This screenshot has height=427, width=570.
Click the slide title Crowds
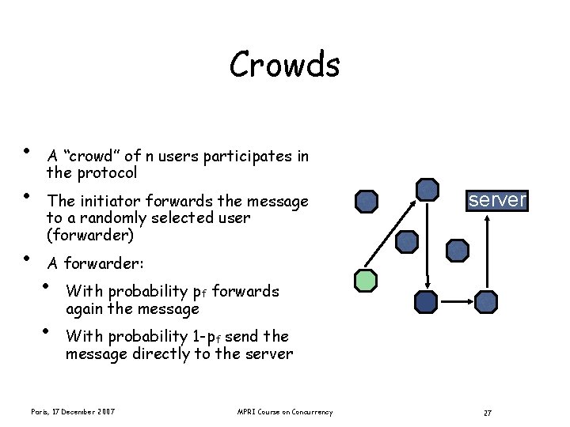[284, 65]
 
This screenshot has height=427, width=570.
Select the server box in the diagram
[496, 200]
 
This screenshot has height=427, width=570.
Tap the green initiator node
[365, 280]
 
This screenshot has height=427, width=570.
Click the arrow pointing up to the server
[488, 253]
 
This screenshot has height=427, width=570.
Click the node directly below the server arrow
[486, 301]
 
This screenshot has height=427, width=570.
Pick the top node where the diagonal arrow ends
[427, 189]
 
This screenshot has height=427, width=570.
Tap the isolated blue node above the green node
[367, 202]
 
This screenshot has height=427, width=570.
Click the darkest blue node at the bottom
[426, 301]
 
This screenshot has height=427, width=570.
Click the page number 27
[488, 413]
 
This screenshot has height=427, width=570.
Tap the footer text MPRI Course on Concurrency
[285, 412]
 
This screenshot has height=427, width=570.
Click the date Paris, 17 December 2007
[73, 412]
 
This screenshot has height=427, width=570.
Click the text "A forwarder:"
[89, 263]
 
